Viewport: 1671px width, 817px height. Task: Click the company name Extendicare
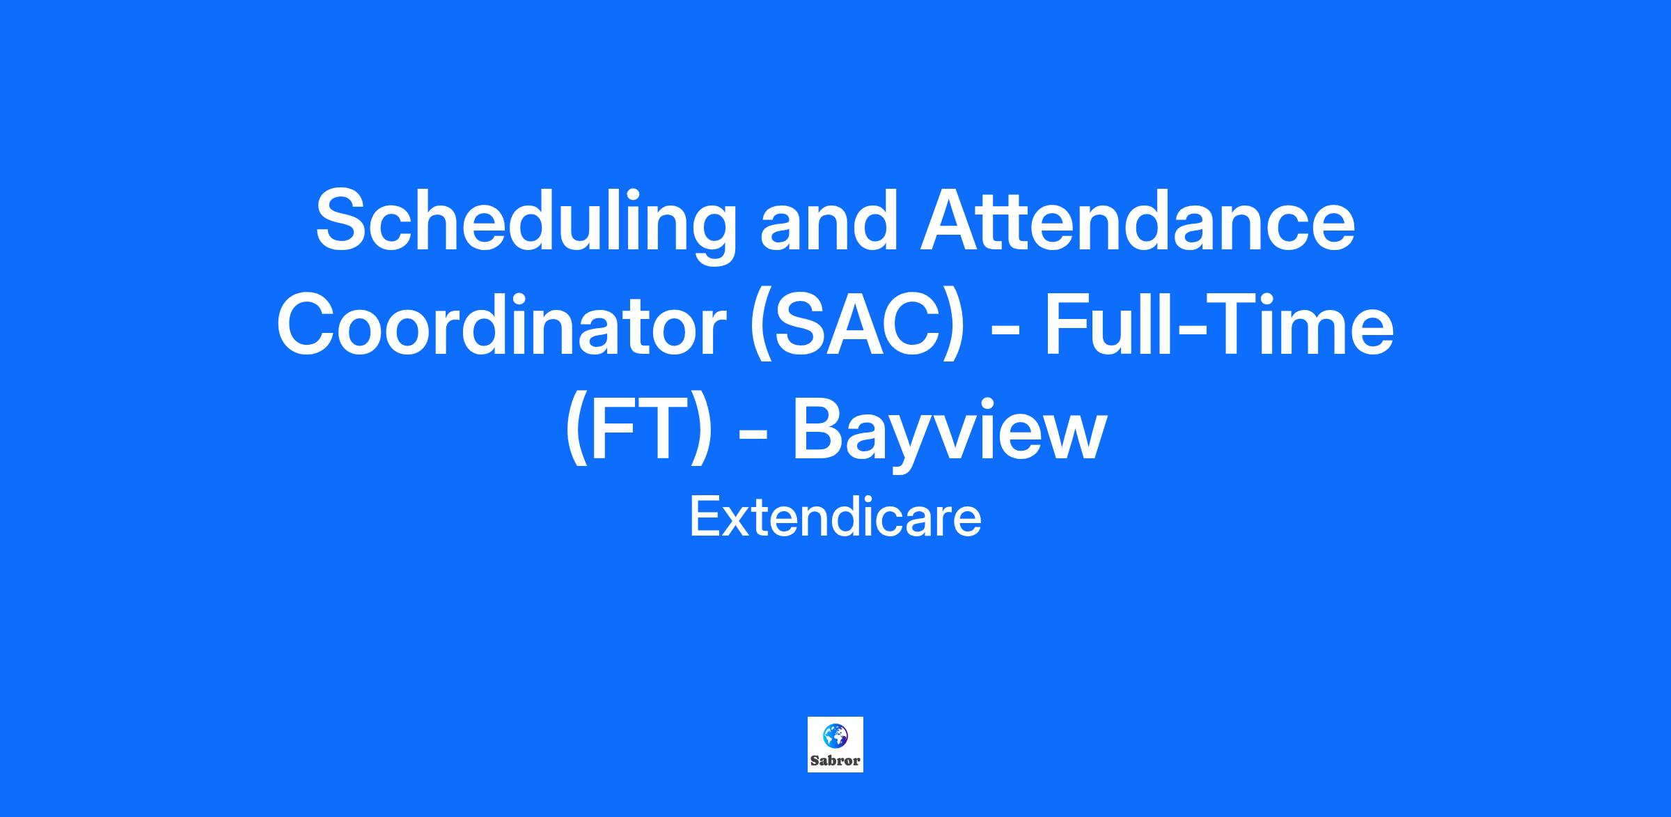[x=835, y=518]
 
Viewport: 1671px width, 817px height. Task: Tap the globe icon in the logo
[x=835, y=734]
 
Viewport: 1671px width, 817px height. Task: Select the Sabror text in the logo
[x=835, y=761]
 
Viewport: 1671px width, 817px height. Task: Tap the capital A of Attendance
[x=952, y=219]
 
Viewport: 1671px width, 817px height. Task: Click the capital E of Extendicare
[x=703, y=518]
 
